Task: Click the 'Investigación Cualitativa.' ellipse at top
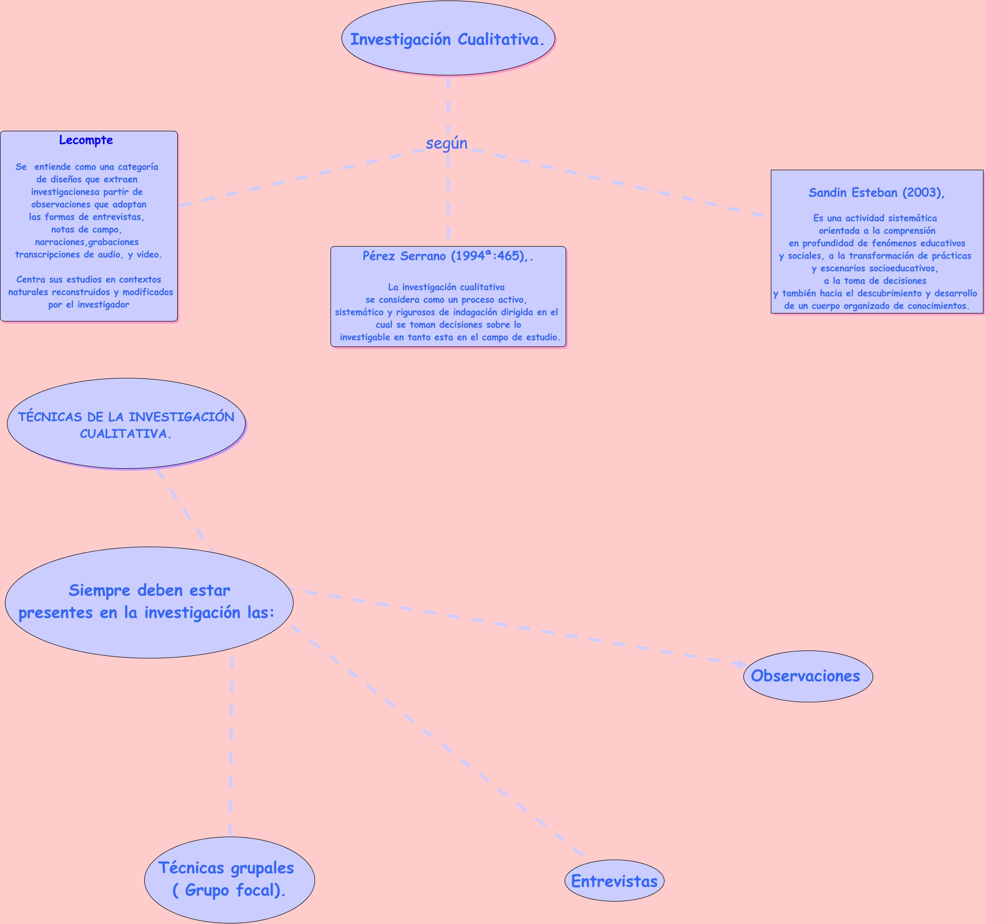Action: (x=448, y=39)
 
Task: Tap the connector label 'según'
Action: (x=446, y=143)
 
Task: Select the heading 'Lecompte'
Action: (x=86, y=140)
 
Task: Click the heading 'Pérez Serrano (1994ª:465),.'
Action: (x=447, y=256)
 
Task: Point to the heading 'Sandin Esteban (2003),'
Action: (x=876, y=193)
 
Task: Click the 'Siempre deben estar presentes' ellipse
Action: (x=149, y=602)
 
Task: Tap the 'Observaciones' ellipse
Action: (x=808, y=676)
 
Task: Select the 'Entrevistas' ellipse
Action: (x=614, y=881)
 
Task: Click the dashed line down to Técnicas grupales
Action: (x=231, y=749)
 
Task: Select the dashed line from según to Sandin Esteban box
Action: (x=614, y=180)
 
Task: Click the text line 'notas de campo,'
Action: (x=86, y=230)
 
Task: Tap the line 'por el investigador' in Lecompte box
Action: (x=88, y=305)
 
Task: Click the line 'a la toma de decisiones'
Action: (x=875, y=281)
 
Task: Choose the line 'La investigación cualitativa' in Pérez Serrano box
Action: (x=446, y=287)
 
